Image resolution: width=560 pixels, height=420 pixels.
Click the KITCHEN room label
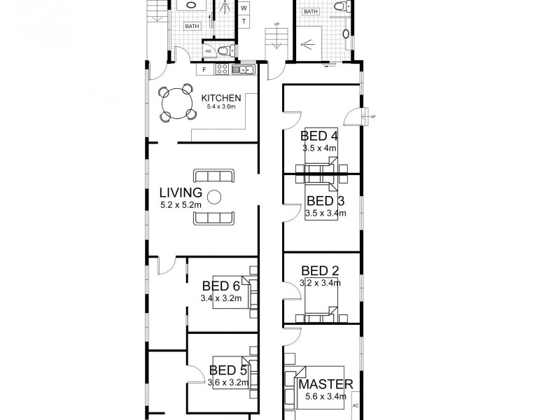point(221,98)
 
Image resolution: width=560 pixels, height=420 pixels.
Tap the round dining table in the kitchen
point(176,103)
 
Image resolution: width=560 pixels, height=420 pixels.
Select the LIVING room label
point(181,192)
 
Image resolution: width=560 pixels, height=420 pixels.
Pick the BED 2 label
point(320,271)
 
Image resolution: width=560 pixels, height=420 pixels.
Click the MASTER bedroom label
point(325,384)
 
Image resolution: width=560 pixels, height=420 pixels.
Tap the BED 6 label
point(220,286)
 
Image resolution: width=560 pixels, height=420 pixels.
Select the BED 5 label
point(225,370)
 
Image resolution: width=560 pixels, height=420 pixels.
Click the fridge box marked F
point(204,69)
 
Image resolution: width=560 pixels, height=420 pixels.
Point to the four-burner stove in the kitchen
point(223,69)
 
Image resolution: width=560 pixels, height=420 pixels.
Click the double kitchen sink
point(244,69)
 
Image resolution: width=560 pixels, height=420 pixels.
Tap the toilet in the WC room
point(223,50)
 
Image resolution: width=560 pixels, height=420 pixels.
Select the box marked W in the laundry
point(244,8)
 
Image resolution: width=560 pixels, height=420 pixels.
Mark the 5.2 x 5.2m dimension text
point(181,205)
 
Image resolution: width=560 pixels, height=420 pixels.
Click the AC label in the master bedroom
point(356,405)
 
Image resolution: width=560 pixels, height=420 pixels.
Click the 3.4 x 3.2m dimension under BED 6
point(220,298)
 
